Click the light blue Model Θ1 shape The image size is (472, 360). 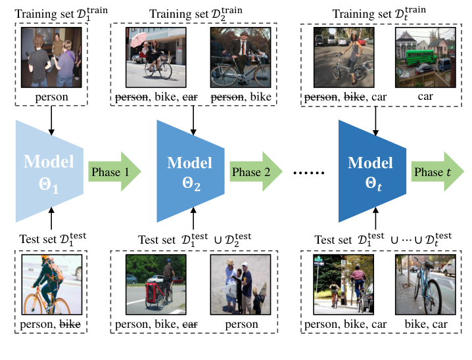pyautogui.click(x=50, y=172)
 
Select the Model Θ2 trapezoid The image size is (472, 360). pyautogui.click(x=191, y=172)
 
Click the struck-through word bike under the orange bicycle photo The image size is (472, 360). pyautogui.click(x=73, y=325)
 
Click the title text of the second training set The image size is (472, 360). pyautogui.click(x=193, y=14)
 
